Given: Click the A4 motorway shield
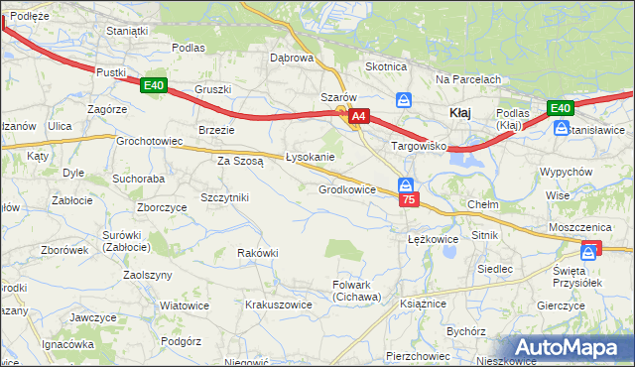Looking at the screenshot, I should [359, 117].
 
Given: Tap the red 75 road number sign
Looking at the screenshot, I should [409, 200].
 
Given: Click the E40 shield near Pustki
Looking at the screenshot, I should [153, 86].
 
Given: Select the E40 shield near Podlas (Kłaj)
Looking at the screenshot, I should [561, 108].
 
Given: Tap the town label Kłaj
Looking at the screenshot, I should [459, 113].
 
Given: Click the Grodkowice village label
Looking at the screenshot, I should [346, 189].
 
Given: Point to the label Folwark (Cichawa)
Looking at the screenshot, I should [356, 291].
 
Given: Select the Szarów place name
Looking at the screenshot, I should [338, 97].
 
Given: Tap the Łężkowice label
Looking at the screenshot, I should [433, 239].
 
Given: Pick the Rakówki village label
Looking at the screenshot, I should [258, 253].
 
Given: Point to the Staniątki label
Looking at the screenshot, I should [127, 31].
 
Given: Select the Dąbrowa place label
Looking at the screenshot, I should [292, 58].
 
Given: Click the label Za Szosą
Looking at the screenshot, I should [240, 160].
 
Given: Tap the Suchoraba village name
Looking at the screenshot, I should [138, 180].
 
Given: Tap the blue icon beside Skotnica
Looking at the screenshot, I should [404, 99].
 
